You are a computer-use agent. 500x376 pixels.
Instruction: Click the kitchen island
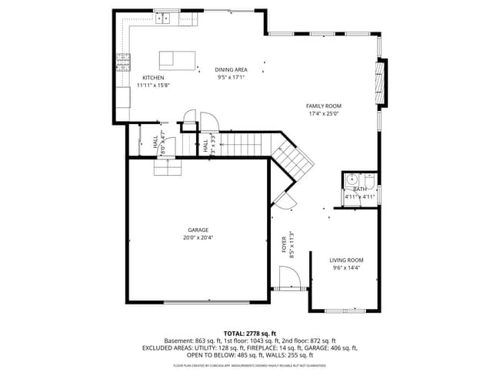176,60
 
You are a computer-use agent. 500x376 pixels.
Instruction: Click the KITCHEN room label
153,78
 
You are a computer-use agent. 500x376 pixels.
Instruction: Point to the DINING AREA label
231,70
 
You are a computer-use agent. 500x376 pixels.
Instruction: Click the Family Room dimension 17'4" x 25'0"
323,113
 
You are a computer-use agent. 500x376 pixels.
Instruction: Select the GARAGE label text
198,230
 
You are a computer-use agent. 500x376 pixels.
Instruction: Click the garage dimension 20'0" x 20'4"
198,238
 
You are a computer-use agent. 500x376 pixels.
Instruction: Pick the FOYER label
283,246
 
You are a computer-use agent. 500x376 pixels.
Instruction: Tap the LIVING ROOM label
346,260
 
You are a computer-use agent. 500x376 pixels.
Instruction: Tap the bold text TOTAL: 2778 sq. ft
249,333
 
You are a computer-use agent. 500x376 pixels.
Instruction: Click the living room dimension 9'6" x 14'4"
346,268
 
